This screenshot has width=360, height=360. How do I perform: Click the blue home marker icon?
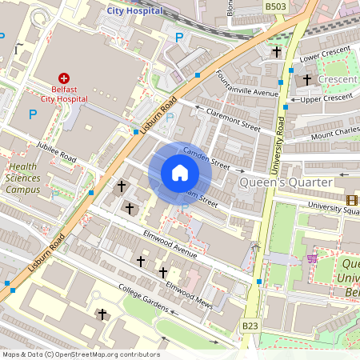(180, 173)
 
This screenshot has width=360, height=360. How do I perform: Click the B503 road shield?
(275, 6)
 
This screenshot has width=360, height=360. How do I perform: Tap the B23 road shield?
(250, 326)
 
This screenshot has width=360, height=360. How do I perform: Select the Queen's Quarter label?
(286, 183)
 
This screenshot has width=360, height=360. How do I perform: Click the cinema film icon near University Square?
(351, 200)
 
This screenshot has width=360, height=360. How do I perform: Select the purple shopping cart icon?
(311, 258)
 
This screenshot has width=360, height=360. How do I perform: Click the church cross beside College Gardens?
(101, 314)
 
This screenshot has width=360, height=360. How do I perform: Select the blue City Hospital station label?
(134, 11)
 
